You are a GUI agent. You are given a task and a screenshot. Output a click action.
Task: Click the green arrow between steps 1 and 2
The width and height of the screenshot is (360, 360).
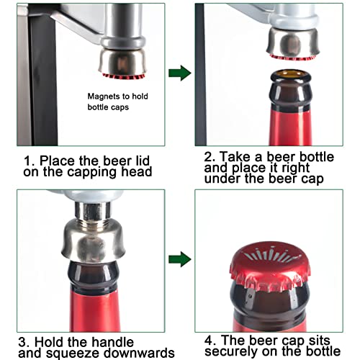tap(180, 73)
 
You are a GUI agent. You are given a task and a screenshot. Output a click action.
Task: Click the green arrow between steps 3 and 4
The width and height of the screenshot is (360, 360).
tap(180, 259)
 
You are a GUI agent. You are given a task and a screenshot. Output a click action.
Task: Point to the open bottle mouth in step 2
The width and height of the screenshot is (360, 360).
tap(291, 75)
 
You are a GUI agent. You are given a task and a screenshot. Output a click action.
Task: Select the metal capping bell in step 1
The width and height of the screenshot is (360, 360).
tap(122, 62)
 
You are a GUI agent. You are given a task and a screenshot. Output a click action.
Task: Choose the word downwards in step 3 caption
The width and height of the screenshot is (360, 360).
tap(139, 353)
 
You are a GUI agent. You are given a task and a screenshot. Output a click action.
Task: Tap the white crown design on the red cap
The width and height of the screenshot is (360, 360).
tap(271, 255)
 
